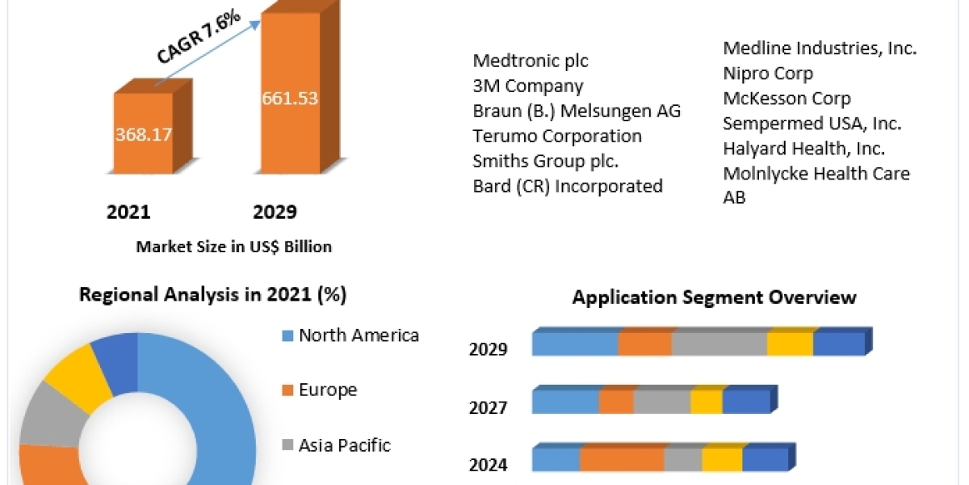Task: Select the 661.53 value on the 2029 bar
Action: tap(290, 99)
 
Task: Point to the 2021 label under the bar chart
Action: tap(128, 213)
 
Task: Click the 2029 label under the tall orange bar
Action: tap(275, 213)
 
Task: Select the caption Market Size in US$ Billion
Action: tap(234, 247)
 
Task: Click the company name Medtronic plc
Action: tap(531, 61)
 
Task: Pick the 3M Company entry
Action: tap(527, 86)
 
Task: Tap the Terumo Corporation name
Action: tap(557, 136)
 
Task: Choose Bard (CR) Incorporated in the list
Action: tap(568, 186)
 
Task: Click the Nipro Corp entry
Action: tap(768, 74)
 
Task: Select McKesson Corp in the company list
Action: tap(787, 99)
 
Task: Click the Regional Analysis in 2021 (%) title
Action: tap(212, 295)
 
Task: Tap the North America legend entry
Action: tap(359, 335)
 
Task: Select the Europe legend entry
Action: tap(327, 390)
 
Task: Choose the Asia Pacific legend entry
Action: tap(344, 445)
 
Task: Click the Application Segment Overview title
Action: tap(714, 297)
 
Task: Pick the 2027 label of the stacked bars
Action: tap(488, 407)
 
